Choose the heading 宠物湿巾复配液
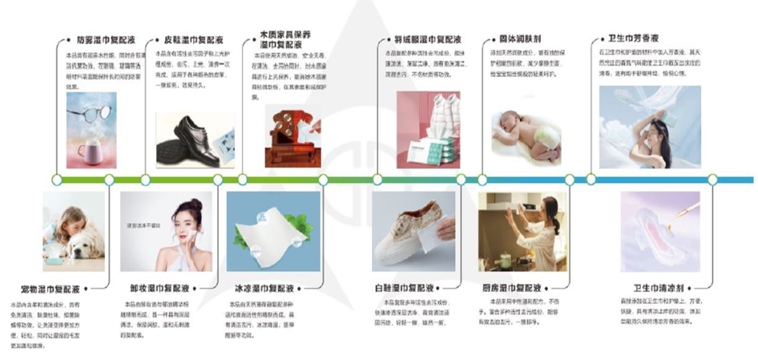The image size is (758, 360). coord(50,288)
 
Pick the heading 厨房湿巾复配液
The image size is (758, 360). coord(512,288)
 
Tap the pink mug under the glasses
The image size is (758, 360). coord(89,152)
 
